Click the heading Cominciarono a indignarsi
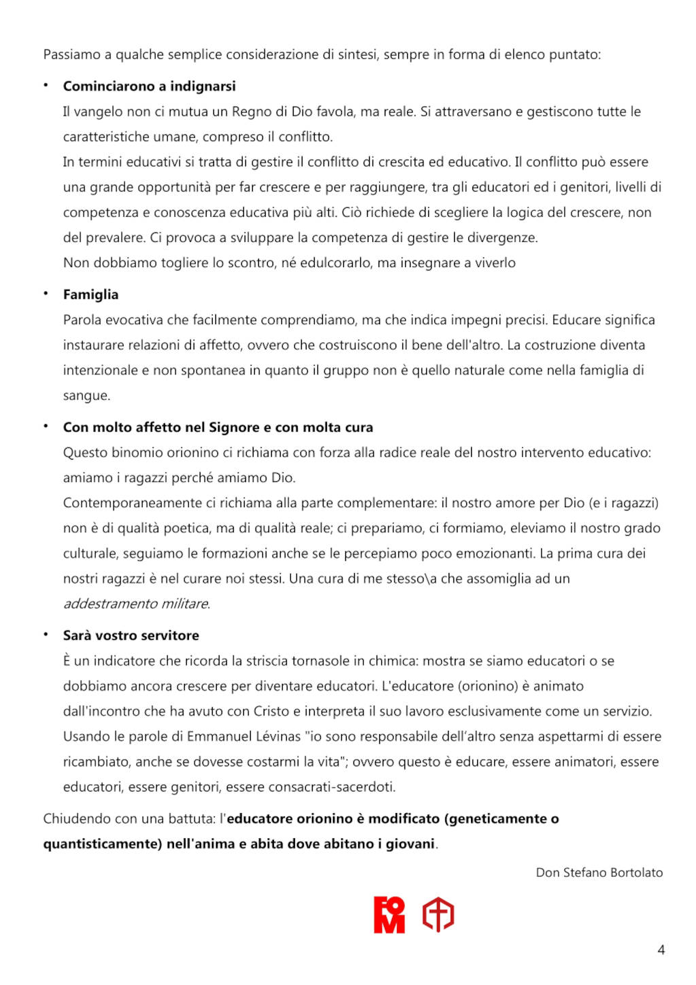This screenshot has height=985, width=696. (149, 86)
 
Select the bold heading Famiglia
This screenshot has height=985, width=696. (90, 294)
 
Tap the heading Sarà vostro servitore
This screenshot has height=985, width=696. (131, 636)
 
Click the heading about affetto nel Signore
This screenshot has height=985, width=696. (217, 428)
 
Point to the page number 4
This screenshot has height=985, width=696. (661, 950)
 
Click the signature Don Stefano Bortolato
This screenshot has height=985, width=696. (599, 872)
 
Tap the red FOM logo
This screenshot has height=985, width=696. (389, 915)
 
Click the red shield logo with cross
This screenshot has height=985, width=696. (438, 915)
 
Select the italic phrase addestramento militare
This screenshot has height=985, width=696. (136, 604)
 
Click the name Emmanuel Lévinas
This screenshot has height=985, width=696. (243, 736)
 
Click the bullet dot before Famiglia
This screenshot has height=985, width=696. (46, 294)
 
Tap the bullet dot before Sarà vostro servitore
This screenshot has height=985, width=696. (46, 634)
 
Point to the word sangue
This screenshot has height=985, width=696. (86, 396)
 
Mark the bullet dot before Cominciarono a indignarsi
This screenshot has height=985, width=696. (46, 86)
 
